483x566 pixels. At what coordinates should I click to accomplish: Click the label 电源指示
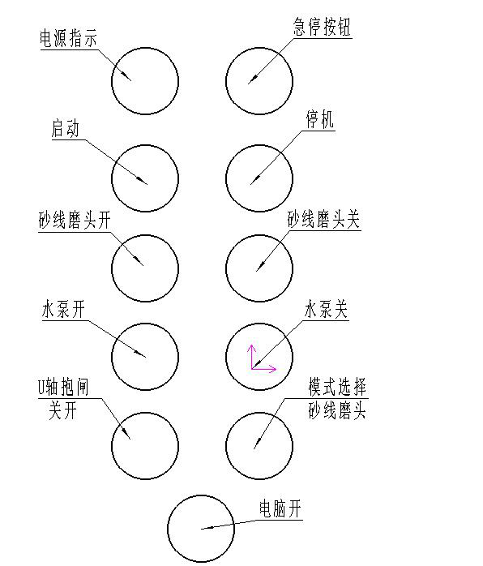[x=68, y=38]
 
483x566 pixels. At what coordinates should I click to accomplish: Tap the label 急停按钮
[x=322, y=27]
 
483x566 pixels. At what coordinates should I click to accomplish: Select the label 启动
[x=66, y=129]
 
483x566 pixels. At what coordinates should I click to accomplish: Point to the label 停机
[x=320, y=119]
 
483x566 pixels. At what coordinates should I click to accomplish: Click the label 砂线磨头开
[x=75, y=221]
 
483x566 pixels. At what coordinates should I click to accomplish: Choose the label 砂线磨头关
[x=323, y=219]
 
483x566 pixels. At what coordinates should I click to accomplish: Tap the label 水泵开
[x=63, y=310]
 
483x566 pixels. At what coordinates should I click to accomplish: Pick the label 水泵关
[x=326, y=310]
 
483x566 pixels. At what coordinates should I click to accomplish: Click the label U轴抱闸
[x=63, y=387]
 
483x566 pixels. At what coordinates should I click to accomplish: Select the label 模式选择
[x=337, y=387]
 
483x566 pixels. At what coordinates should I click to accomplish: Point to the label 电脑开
[x=280, y=509]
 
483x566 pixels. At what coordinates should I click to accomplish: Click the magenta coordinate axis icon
[x=263, y=358]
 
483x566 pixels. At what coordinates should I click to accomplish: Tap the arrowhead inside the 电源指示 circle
[x=126, y=75]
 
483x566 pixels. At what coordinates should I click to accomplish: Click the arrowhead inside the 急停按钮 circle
[x=253, y=79]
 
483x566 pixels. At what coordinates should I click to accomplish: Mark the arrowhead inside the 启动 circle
[x=141, y=181]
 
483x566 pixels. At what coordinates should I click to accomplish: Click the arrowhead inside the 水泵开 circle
[x=140, y=354]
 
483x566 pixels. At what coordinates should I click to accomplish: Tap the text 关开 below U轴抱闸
[x=62, y=411]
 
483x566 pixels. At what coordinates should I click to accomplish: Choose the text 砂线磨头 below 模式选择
[x=337, y=410]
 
